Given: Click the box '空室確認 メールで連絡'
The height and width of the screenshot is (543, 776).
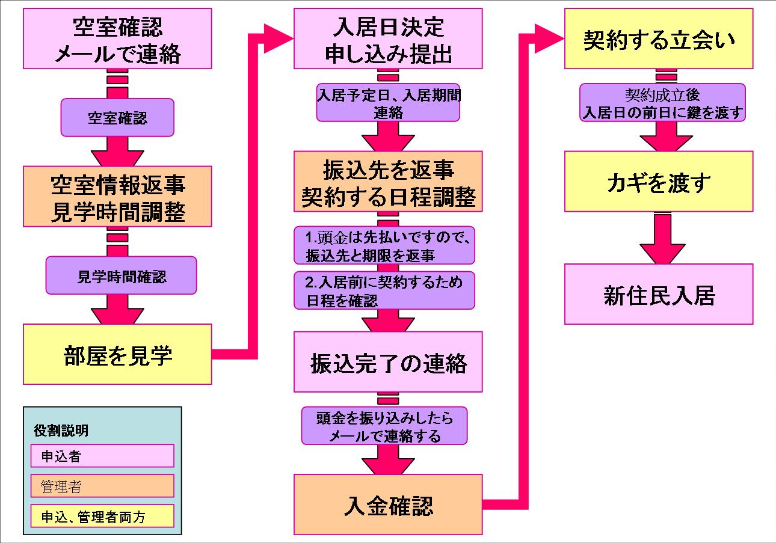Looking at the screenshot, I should click(118, 38).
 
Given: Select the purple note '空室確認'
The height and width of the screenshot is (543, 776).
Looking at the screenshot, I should click(117, 118).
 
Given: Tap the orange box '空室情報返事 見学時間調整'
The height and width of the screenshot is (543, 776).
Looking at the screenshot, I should click(118, 196).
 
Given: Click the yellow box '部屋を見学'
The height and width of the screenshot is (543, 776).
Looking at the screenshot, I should click(118, 355).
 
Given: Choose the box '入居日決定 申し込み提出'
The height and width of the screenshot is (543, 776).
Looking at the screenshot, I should click(388, 38).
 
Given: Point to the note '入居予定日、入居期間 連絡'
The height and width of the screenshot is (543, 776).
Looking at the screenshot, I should click(388, 102).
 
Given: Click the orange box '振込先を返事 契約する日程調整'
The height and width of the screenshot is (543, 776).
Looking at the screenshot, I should click(388, 181).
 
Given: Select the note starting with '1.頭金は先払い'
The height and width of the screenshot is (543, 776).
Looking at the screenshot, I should click(384, 245).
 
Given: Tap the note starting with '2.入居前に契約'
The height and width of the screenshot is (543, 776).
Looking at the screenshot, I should click(384, 290).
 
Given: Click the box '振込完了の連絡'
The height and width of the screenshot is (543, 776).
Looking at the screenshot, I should click(388, 362).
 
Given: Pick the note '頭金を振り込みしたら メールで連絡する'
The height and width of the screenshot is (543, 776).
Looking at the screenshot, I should click(384, 426).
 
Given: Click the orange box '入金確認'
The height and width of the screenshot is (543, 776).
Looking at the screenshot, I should click(388, 505).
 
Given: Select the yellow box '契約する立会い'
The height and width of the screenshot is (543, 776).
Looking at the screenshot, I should click(659, 38).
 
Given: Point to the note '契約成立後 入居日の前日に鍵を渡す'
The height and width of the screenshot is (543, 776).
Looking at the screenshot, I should click(662, 102).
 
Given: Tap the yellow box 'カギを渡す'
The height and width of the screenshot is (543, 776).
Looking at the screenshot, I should click(659, 181).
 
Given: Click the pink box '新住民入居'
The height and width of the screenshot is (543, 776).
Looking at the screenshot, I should click(659, 295).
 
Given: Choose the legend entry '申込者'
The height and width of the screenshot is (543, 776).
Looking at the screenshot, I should click(102, 456).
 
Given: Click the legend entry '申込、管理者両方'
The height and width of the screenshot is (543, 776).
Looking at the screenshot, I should click(102, 516).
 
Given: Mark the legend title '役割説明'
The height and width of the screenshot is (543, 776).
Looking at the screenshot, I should click(61, 431).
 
